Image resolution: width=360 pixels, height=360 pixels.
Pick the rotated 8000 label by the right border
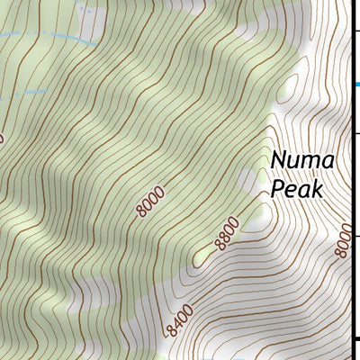pyautogui.click(x=341, y=240)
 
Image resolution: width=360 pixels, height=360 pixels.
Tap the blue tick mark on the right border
pyautogui.click(x=355, y=85)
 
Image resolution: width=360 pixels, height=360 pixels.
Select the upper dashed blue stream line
pyautogui.click(x=54, y=39)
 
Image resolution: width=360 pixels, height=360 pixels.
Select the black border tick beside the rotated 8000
pyautogui.click(x=355, y=236)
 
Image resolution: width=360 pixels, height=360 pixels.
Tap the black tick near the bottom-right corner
pyautogui.click(x=355, y=339)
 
